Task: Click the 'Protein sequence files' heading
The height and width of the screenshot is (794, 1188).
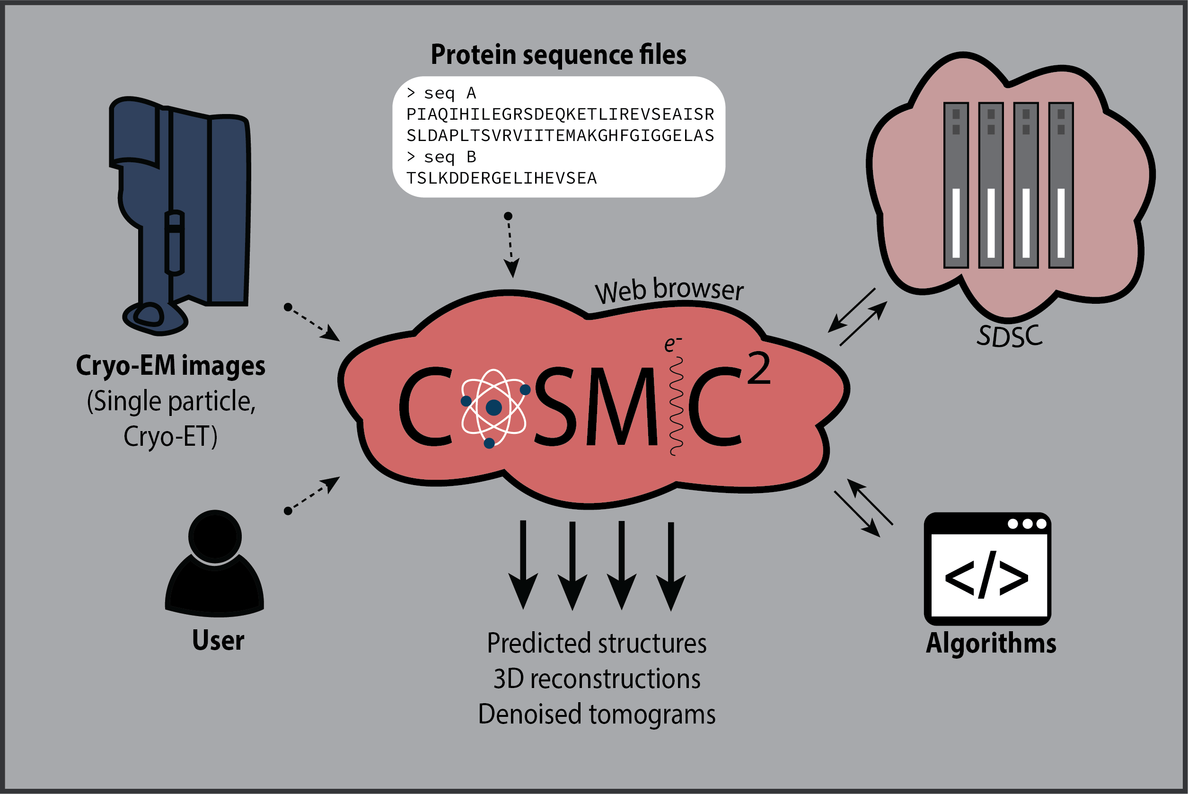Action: pyautogui.click(x=558, y=55)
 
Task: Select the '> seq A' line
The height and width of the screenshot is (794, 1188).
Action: pyautogui.click(x=441, y=93)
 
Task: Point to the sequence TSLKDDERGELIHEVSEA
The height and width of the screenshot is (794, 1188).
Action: pyautogui.click(x=501, y=178)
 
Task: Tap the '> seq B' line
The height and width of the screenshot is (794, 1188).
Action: pyautogui.click(x=441, y=157)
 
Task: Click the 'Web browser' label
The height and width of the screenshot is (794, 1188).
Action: pyautogui.click(x=669, y=290)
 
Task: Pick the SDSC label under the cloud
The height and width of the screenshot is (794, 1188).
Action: pyautogui.click(x=1009, y=336)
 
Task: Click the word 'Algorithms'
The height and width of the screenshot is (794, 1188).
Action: pyautogui.click(x=991, y=644)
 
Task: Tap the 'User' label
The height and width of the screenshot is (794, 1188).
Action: pyautogui.click(x=218, y=641)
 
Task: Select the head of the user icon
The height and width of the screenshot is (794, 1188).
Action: pyautogui.click(x=215, y=536)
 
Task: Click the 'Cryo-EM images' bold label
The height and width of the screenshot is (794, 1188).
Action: pyautogui.click(x=171, y=366)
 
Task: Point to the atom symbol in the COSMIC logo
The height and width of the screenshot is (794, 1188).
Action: pyautogui.click(x=493, y=407)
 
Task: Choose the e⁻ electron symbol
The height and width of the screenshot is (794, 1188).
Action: pyautogui.click(x=672, y=344)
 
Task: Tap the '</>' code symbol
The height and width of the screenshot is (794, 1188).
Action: pyautogui.click(x=986, y=575)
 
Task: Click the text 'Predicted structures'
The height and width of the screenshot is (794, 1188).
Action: pyautogui.click(x=596, y=644)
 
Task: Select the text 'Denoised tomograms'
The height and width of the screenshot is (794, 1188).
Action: pyautogui.click(x=596, y=715)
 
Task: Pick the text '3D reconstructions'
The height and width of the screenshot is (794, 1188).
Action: pyautogui.click(x=596, y=679)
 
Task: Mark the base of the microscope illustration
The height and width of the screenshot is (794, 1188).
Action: pyautogui.click(x=155, y=319)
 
